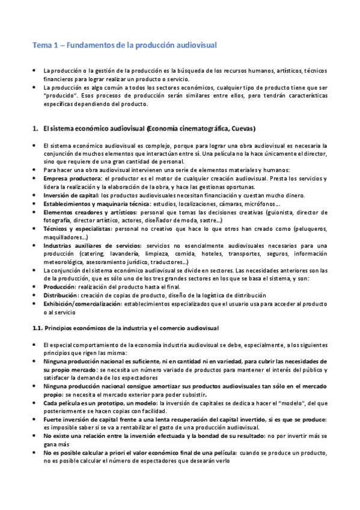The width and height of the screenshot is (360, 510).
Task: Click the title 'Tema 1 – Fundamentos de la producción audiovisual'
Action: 124,45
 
